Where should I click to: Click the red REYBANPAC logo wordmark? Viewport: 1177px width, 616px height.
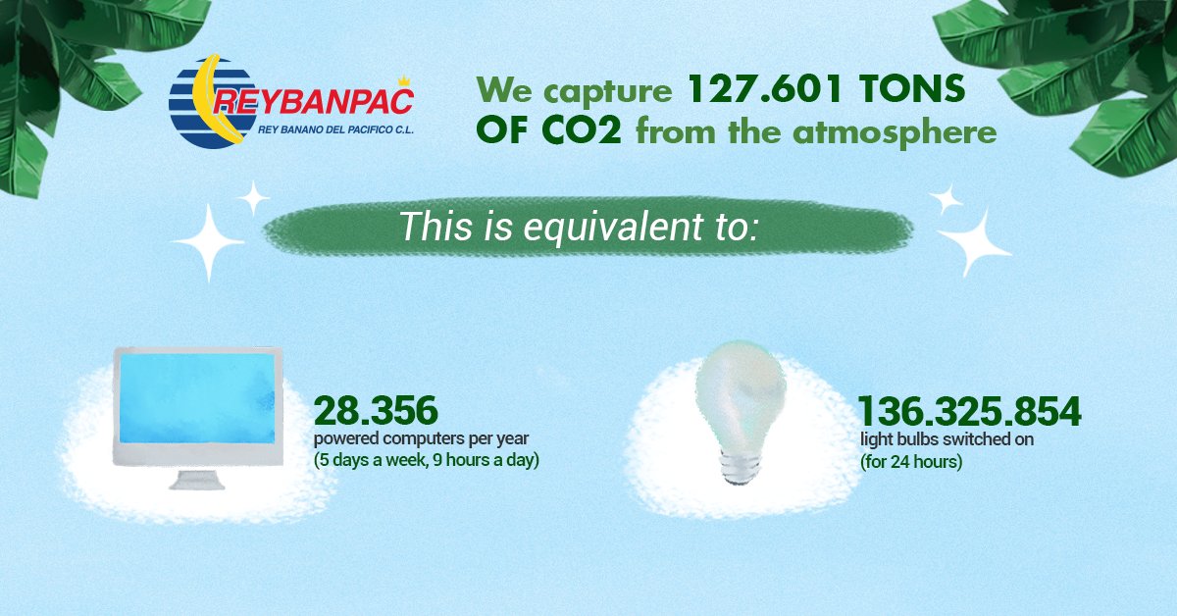tap(313, 102)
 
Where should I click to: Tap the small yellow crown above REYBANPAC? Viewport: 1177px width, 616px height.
tap(403, 81)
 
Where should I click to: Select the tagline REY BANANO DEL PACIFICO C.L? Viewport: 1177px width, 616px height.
tap(335, 129)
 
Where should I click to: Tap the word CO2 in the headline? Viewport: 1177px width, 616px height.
tap(582, 130)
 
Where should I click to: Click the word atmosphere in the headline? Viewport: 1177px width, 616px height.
tap(895, 131)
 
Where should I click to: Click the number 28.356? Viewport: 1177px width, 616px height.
tap(376, 410)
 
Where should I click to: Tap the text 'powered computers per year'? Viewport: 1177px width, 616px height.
tap(421, 438)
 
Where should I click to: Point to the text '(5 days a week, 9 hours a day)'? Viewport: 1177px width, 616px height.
tap(426, 460)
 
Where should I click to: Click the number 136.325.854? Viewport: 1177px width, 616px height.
tap(970, 411)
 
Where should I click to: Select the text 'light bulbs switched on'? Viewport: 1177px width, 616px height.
tap(947, 438)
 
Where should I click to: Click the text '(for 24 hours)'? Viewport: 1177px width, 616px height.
tap(911, 462)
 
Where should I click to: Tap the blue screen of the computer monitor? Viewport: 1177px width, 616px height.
tap(197, 398)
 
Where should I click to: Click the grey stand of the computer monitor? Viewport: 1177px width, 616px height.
tap(196, 480)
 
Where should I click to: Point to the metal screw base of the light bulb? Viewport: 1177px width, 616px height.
tap(741, 467)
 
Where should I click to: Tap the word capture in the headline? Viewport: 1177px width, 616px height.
tap(608, 90)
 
